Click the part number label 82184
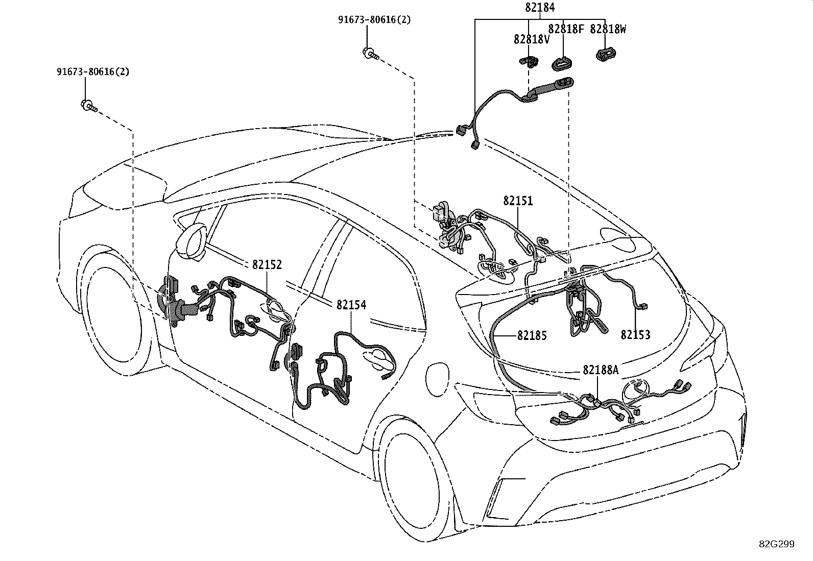tap(540, 7)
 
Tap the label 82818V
tap(531, 39)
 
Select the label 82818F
tap(566, 29)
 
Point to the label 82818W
tap(608, 29)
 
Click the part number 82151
tap(518, 201)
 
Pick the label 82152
tap(267, 265)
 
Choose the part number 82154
tap(351, 305)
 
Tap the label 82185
tap(532, 336)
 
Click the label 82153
tap(635, 334)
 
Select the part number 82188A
tap(601, 370)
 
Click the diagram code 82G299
tap(777, 544)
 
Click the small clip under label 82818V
tap(529, 62)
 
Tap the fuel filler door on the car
tap(438, 379)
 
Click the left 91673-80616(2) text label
tap(93, 71)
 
